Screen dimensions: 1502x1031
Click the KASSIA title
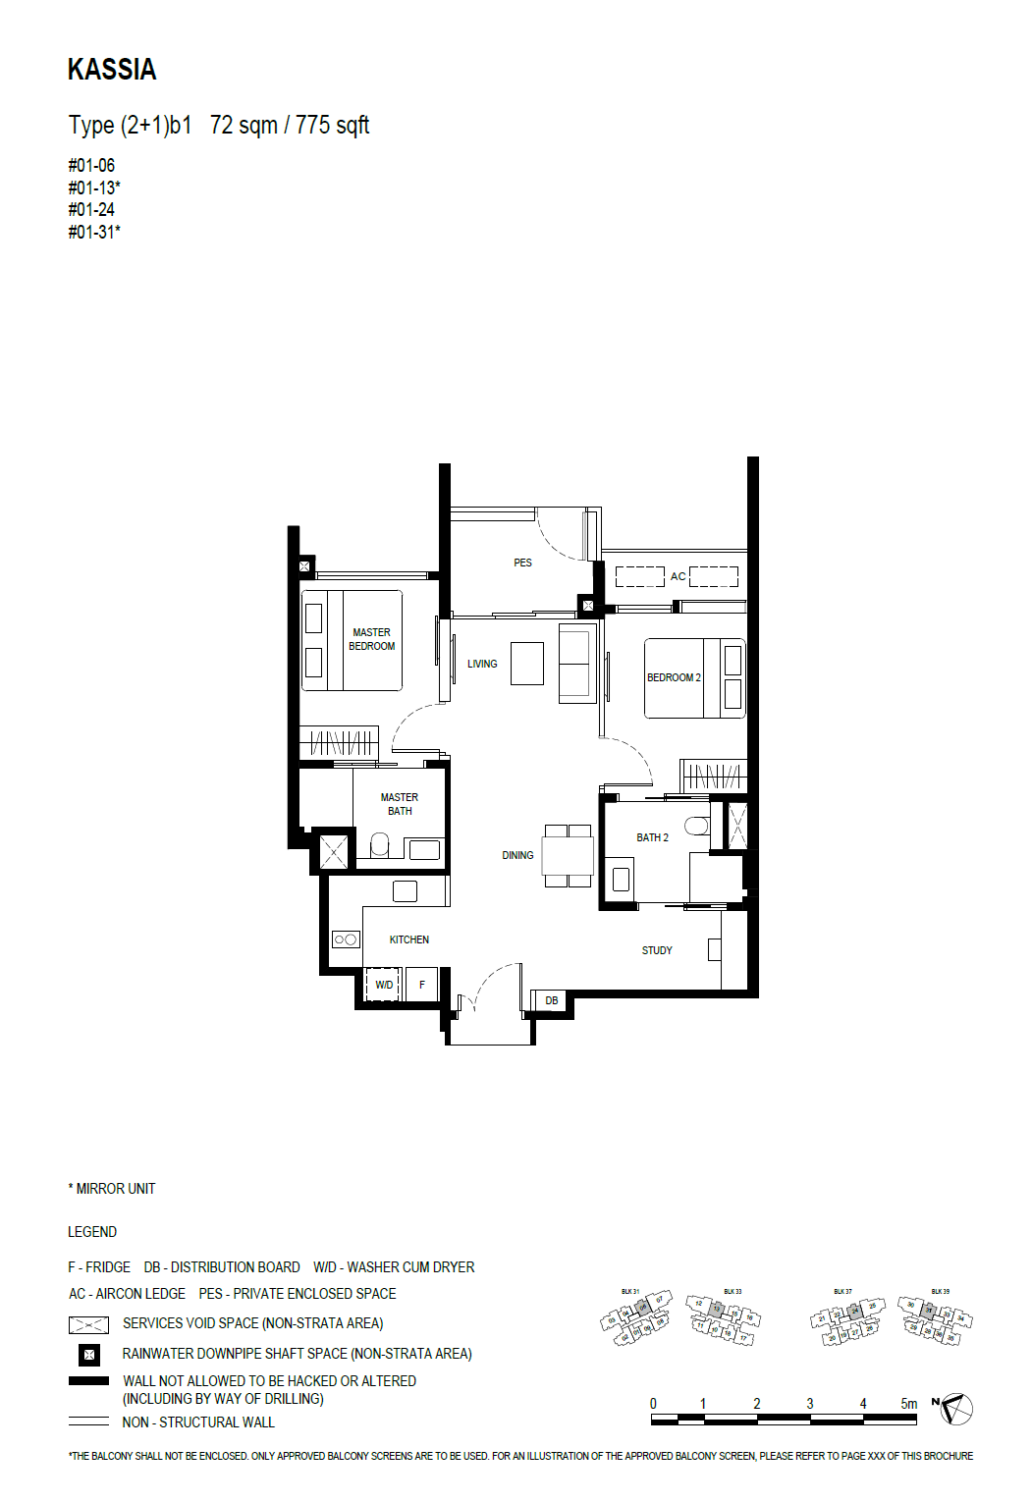click(x=112, y=70)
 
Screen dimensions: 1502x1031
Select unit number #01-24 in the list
click(x=91, y=210)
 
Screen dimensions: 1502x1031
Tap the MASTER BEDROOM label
click(x=371, y=640)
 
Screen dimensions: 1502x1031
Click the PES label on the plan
click(x=522, y=563)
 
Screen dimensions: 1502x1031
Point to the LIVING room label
click(x=482, y=665)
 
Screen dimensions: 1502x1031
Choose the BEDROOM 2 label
click(x=674, y=678)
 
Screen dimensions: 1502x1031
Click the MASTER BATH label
click(x=400, y=805)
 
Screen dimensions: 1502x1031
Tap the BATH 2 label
click(x=652, y=838)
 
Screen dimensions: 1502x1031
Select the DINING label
click(x=517, y=856)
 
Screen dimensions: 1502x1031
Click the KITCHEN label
click(x=408, y=940)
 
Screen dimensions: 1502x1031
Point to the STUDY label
click(x=657, y=951)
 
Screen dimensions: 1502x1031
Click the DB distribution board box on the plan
click(x=552, y=1001)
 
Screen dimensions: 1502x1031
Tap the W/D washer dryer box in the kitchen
click(x=383, y=985)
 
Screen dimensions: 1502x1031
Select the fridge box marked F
click(x=422, y=985)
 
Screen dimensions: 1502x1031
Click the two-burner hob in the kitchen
click(x=346, y=939)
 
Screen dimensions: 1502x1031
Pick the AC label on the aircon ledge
click(x=678, y=577)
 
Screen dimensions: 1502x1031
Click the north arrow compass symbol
click(x=955, y=1410)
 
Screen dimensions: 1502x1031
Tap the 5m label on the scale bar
click(x=909, y=1404)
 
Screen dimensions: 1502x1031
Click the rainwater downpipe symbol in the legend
click(x=89, y=1355)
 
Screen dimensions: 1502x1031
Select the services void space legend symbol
click(x=88, y=1325)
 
